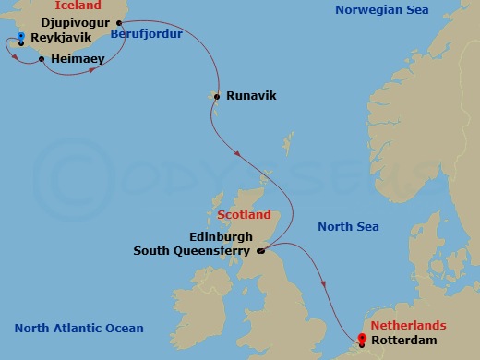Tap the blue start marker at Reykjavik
tap(19, 37)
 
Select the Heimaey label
tap(78, 58)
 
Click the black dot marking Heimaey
tap(42, 60)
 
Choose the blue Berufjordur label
tap(146, 34)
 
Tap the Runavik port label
tap(251, 95)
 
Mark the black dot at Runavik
tap(216, 96)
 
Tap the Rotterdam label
tap(402, 338)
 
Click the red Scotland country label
tap(244, 215)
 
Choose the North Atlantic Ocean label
tap(78, 329)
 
